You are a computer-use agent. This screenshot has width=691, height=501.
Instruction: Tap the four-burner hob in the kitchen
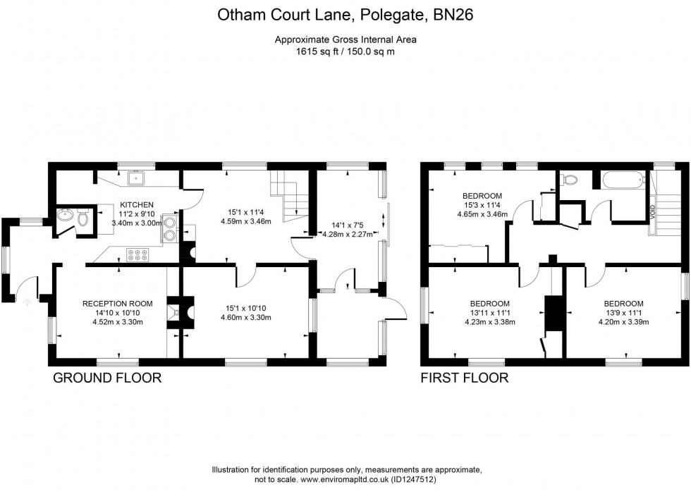coord(135,253)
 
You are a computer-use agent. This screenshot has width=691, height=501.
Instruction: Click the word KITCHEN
coord(134,205)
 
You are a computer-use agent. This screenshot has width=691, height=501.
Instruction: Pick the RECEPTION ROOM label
coord(118,303)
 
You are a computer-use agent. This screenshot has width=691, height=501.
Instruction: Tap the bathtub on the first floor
coord(623,180)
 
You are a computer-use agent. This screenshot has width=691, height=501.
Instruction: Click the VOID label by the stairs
coord(652,211)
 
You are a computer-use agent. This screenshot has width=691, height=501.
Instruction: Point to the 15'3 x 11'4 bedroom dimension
coord(482,205)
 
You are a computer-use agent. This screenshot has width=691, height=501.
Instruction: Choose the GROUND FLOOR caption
coord(107,378)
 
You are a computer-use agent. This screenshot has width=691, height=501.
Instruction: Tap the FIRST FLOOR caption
coord(464,378)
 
